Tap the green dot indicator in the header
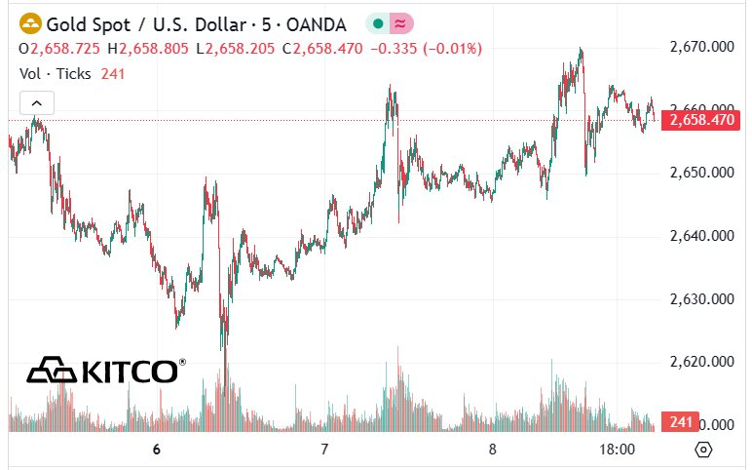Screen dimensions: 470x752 click(377, 22)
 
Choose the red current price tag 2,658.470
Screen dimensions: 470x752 click(696, 120)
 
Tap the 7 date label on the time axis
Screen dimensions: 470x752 click(325, 450)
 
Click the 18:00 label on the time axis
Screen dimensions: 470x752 click(618, 450)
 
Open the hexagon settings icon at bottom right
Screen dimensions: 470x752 click(704, 450)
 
